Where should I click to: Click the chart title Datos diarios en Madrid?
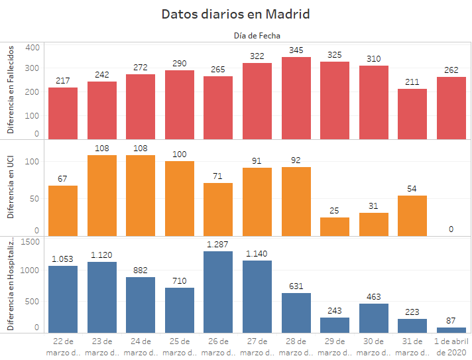[236, 14]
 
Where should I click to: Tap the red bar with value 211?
[412, 113]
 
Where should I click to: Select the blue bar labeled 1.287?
[218, 292]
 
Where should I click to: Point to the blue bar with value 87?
[451, 330]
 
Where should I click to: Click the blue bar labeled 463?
[374, 318]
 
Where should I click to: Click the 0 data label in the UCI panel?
[451, 229]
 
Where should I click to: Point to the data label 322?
[257, 56]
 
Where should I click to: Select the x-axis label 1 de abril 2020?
[451, 347]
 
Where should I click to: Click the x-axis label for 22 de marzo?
[63, 347]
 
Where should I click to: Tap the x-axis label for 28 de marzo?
[296, 347]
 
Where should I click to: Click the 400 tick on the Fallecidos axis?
[33, 47]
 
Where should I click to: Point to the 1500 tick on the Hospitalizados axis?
[30, 242]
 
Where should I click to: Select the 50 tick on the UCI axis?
[35, 198]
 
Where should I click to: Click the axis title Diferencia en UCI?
[11, 186]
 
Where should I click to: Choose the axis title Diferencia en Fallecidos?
[11, 89]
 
